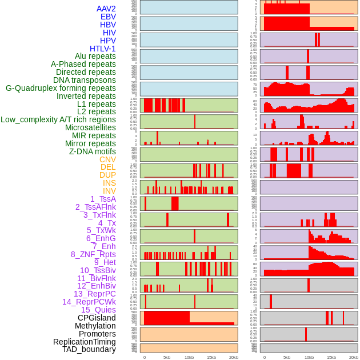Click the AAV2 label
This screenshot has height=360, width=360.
106,9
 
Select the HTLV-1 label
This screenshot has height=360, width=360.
103,49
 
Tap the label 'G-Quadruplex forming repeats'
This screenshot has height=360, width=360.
61,88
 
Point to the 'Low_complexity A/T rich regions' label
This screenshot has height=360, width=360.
58,119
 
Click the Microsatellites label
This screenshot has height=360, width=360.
90,127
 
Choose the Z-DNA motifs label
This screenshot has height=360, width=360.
93,151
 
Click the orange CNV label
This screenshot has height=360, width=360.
107,159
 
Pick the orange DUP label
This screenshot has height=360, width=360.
107,175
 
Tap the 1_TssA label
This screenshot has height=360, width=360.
103,199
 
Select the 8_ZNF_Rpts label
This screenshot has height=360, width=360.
93,254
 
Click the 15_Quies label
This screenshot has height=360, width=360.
98,310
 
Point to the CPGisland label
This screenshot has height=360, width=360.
97,318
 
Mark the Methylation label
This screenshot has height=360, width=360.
95,326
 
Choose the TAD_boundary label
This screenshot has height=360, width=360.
89,349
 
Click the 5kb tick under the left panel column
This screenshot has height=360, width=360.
167,357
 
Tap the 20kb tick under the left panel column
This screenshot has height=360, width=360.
234,357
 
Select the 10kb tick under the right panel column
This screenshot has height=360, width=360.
309,357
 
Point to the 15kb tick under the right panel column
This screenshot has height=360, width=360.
331,357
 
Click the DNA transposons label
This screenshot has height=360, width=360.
85,80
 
